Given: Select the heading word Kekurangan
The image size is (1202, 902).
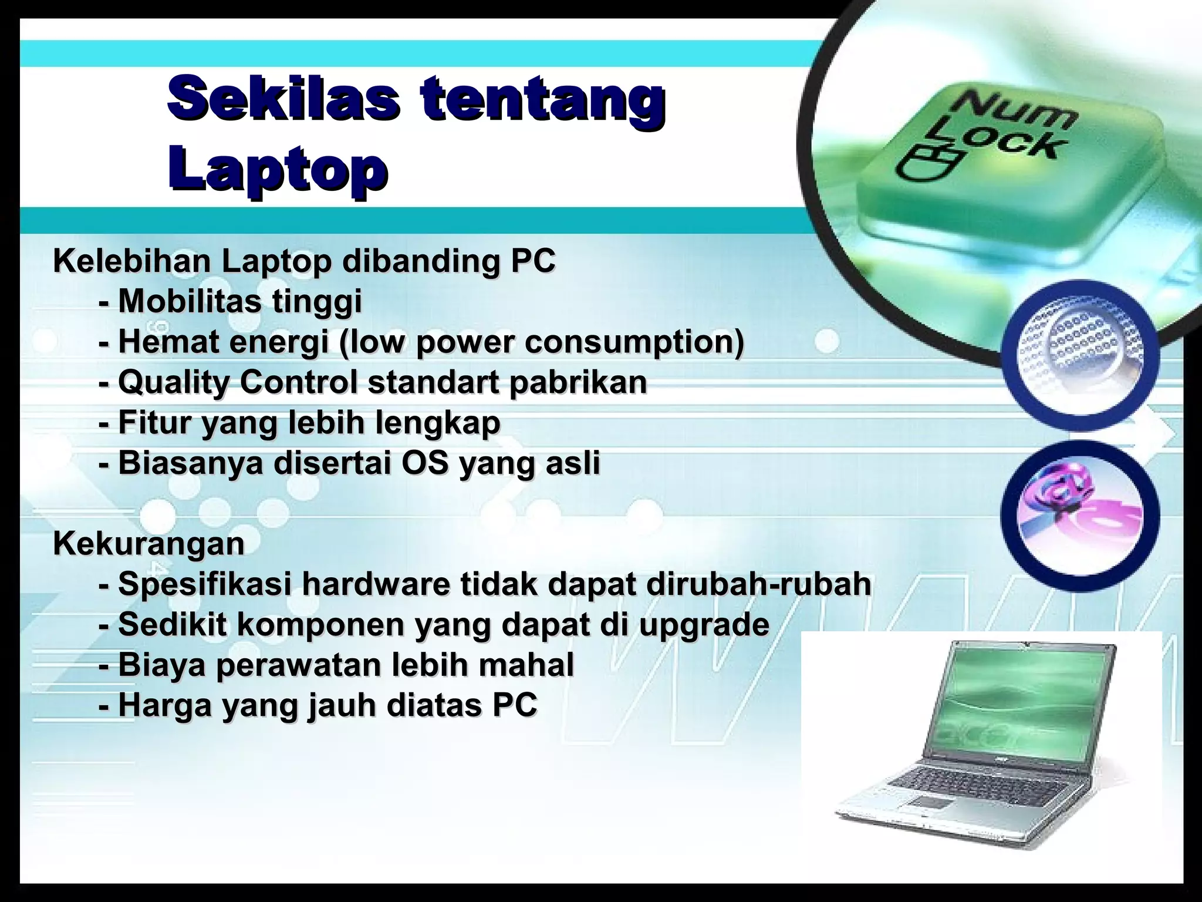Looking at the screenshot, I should coord(148,543).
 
